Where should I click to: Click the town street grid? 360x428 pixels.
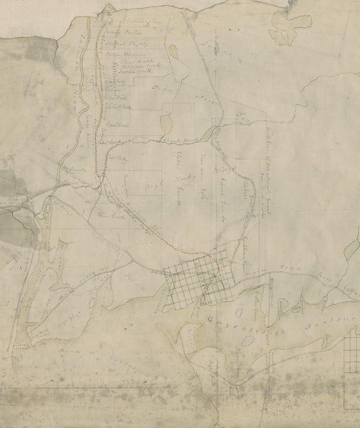(200, 278)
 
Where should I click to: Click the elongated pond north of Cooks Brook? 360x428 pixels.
(165, 122)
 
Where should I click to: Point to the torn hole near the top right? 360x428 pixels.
(284, 30)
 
